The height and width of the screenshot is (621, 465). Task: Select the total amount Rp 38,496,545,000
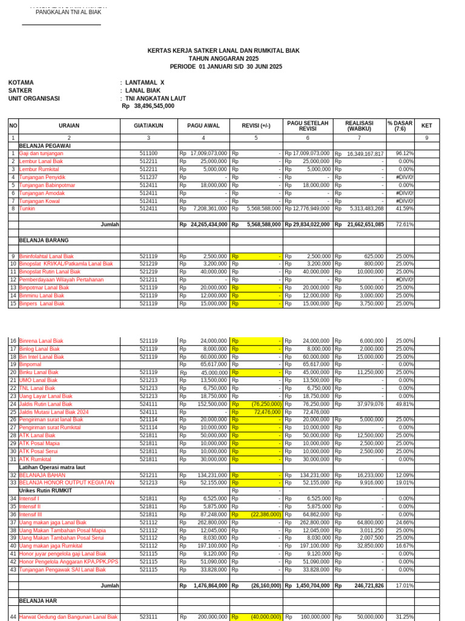coord(148,106)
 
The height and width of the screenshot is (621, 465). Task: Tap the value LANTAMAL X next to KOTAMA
coord(145,82)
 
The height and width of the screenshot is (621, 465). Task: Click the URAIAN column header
coord(68,126)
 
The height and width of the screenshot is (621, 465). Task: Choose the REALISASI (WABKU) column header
coord(359,126)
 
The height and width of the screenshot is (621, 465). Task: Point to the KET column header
coord(426,126)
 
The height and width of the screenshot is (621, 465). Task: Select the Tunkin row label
coord(27,209)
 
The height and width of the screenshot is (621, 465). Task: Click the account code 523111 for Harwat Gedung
coord(148,617)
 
